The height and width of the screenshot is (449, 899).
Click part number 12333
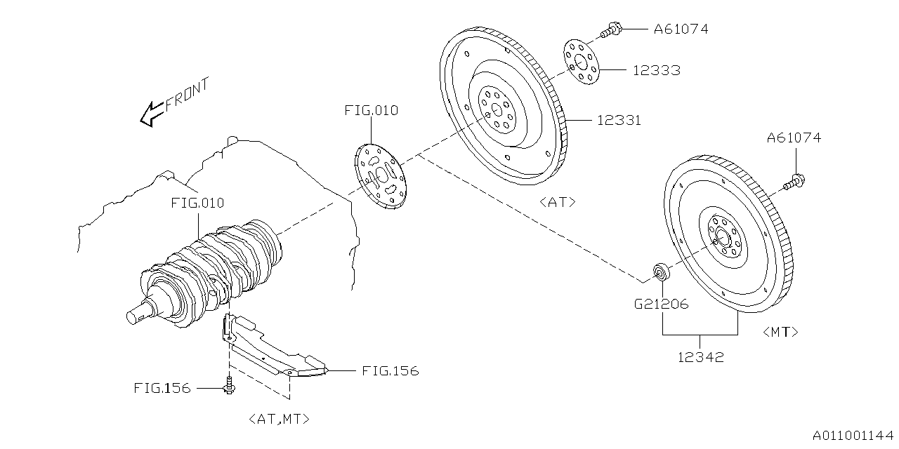coord(656,70)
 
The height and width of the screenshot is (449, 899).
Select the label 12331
coord(618,121)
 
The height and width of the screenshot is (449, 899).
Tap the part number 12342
coord(700,357)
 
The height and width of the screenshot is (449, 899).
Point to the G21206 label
coord(662,304)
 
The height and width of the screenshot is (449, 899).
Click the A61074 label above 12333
coord(681,29)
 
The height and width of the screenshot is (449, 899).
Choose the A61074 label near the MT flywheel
coord(794,138)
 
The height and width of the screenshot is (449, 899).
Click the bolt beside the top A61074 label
coord(610,30)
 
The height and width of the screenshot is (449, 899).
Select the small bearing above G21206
coord(661,271)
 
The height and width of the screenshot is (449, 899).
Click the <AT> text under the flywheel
coord(558,202)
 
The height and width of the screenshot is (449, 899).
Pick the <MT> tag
coord(780,332)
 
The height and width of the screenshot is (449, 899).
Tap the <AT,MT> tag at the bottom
coord(279,419)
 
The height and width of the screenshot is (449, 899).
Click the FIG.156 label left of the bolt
coord(162,388)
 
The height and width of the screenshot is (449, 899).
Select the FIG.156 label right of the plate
coord(390,370)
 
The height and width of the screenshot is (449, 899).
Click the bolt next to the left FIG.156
coord(230,386)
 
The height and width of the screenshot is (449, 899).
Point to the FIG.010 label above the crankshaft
coord(197,203)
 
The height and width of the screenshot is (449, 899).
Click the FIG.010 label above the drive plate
coord(371,110)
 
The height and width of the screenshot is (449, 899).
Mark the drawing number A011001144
coord(853,436)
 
